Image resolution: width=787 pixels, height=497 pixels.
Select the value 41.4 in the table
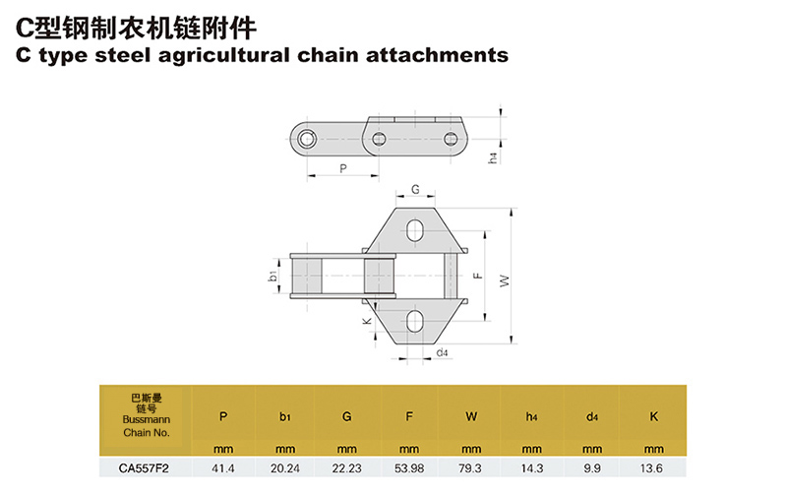click(x=223, y=469)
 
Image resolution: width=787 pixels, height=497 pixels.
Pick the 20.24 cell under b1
click(x=284, y=469)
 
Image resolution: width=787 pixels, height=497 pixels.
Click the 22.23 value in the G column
click(x=346, y=469)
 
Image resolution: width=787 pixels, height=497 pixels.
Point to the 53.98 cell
click(x=408, y=469)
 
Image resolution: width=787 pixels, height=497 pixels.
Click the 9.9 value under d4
click(x=593, y=469)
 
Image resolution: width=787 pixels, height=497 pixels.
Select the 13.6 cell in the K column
click(x=653, y=469)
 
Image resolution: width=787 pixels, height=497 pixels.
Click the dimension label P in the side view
click(x=342, y=168)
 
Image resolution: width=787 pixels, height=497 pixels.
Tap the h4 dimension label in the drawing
click(x=493, y=157)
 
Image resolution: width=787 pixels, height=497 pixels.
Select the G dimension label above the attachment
click(x=415, y=189)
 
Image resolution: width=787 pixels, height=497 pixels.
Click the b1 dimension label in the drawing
click(x=272, y=278)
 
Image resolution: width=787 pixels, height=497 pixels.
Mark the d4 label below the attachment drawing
click(x=442, y=351)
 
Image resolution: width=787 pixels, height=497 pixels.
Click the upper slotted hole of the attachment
click(x=416, y=231)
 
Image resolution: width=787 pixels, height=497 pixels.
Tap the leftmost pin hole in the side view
click(x=309, y=139)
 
